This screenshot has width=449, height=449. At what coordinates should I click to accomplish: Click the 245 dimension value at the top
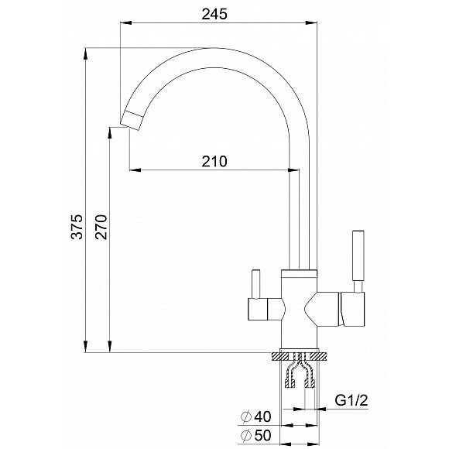pos(214,14)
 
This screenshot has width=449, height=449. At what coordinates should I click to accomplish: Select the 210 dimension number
pos(214,162)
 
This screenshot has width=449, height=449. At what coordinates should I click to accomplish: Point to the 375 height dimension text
pos(77,227)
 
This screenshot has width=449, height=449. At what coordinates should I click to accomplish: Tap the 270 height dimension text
pos(101,227)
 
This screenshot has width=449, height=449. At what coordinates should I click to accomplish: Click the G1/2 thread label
pos(351,400)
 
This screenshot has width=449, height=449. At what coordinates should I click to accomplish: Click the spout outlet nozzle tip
pos(132,121)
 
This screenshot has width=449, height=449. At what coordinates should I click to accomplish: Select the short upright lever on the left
pos(255,284)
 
